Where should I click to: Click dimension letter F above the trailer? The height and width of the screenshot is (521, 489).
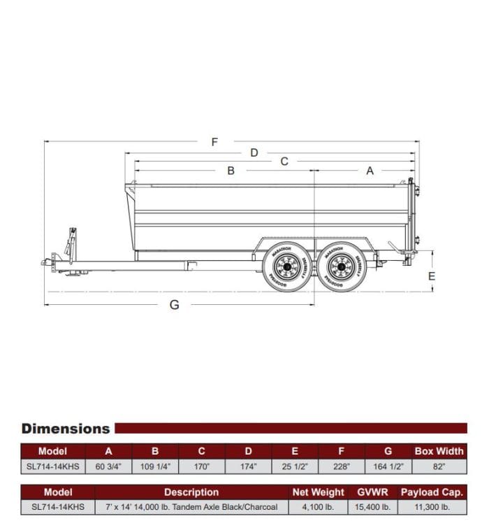214,142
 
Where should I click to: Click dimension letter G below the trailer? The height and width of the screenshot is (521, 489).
175,305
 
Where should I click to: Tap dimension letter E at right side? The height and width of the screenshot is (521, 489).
432,276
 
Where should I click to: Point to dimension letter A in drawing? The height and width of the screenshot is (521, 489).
370,171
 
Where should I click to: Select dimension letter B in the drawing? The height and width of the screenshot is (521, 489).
231,171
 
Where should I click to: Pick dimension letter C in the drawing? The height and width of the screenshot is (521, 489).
284,162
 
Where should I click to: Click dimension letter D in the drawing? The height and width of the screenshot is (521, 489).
254,152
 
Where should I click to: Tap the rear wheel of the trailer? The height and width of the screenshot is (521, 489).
342,266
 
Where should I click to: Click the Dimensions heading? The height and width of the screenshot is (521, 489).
66,429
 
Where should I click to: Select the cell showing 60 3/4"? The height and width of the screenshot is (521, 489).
108,466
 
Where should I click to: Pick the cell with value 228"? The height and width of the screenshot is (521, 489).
342,466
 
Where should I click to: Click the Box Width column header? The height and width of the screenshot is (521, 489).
439,451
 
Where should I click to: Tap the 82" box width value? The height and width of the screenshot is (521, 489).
439,466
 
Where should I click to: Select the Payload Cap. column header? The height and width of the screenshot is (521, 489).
432,492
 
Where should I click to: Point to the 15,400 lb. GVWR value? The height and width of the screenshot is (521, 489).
372,507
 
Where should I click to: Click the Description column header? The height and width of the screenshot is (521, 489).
191,492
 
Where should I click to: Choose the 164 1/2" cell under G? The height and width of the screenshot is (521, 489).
388,466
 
